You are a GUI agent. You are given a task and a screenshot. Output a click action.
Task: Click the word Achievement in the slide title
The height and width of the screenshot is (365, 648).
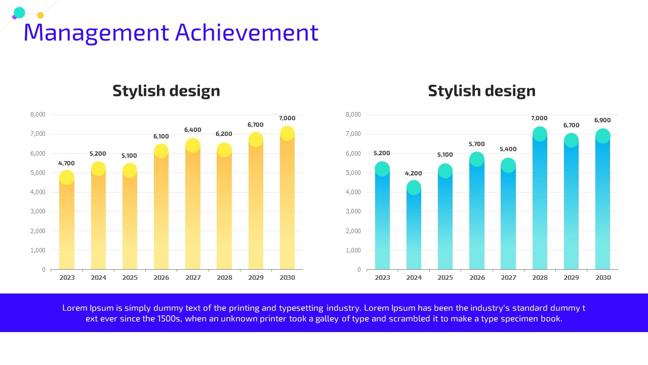[247, 32]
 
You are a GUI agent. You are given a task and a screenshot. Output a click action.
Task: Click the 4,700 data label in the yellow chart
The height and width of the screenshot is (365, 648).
[66, 163]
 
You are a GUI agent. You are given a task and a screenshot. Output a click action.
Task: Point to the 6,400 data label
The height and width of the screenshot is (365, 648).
[193, 130]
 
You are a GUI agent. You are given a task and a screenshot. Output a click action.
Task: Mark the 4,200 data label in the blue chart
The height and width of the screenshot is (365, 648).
[414, 173]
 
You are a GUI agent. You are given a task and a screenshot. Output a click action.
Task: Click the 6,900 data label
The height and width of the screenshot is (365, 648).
[602, 120]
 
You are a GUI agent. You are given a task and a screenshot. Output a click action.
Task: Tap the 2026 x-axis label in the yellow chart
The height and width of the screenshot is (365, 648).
[161, 277]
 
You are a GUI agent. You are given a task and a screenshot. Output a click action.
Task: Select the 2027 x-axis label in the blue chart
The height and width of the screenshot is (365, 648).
[508, 277]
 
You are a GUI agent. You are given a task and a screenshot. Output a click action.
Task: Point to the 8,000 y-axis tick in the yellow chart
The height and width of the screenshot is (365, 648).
[38, 115]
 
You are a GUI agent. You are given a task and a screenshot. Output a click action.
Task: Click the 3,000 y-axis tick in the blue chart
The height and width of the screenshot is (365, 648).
[353, 211]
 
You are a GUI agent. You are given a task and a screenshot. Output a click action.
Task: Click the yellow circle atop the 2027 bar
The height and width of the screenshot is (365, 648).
[193, 145]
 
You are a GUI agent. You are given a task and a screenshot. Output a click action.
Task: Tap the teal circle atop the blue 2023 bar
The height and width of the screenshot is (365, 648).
[382, 169]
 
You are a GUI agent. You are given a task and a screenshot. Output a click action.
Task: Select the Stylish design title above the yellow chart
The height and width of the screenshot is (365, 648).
[167, 91]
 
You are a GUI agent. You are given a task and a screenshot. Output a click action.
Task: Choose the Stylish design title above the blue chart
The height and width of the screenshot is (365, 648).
[482, 91]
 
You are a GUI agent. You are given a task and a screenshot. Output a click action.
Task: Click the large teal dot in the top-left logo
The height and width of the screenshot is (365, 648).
[19, 13]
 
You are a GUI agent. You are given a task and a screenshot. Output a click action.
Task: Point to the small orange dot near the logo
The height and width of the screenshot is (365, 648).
[40, 15]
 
